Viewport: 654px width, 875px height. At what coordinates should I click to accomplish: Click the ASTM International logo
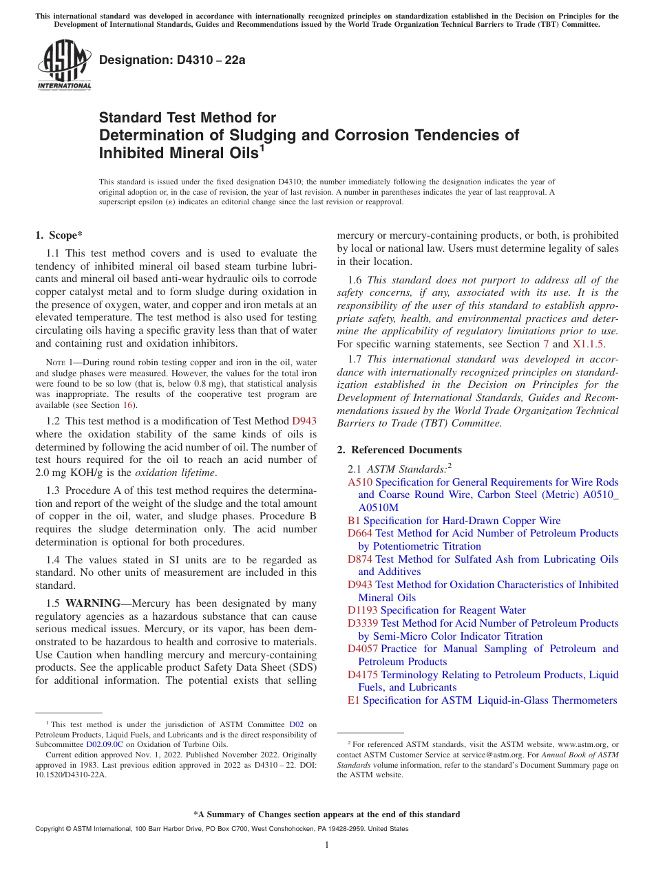click(x=64, y=65)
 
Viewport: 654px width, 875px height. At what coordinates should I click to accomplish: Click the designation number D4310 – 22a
click(x=172, y=61)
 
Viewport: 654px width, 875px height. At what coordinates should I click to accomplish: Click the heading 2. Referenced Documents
click(x=399, y=450)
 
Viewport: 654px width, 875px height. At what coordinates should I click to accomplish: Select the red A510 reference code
click(x=360, y=482)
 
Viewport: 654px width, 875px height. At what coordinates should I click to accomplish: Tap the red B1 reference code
click(x=354, y=521)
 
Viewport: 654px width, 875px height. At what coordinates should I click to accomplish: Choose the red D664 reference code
click(x=360, y=533)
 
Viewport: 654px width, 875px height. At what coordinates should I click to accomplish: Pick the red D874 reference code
click(x=360, y=559)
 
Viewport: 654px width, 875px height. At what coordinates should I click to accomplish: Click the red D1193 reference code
click(x=363, y=610)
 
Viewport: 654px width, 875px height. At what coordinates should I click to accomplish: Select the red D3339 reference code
click(x=363, y=623)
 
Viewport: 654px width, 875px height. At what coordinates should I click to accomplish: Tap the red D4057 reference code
click(x=363, y=649)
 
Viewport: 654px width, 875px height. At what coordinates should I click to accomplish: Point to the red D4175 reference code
click(x=363, y=675)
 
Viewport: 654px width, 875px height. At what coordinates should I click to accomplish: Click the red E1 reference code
click(x=354, y=700)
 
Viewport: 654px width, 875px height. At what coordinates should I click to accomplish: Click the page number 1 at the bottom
click(x=327, y=845)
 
